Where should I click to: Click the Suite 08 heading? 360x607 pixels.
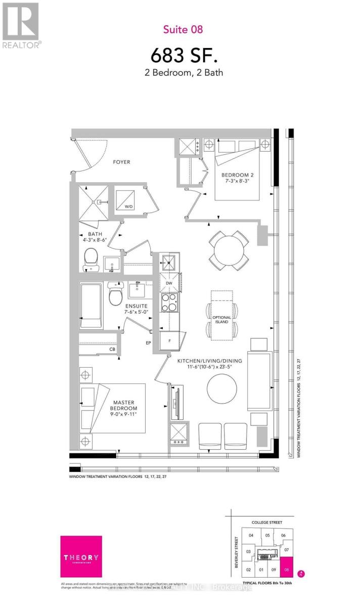pyautogui.click(x=183, y=29)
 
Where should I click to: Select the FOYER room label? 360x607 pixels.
pyautogui.click(x=121, y=162)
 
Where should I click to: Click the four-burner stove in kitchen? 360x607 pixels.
pyautogui.click(x=169, y=302)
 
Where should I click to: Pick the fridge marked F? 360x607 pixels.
pyautogui.click(x=169, y=340)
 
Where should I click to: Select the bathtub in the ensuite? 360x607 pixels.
pyautogui.click(x=92, y=306)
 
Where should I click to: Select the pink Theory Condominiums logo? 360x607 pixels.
pyautogui.click(x=81, y=556)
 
